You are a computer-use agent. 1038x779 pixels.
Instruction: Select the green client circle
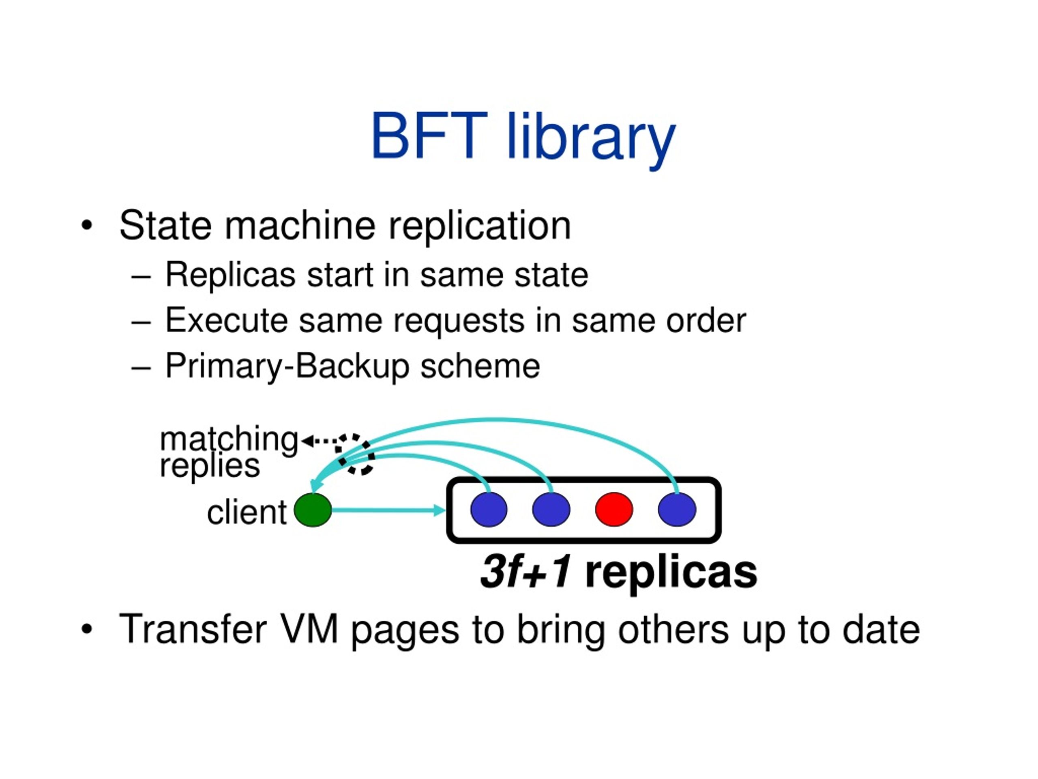[313, 510]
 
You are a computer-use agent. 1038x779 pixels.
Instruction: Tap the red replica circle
[614, 510]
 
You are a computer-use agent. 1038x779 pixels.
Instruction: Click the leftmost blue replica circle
[489, 510]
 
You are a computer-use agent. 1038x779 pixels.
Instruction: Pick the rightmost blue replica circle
[677, 510]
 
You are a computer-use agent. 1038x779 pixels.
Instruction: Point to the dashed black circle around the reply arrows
[355, 454]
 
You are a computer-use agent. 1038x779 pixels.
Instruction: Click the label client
[247, 512]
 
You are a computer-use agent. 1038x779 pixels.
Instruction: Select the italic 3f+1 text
[525, 572]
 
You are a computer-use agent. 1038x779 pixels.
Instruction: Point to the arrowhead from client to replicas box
[439, 510]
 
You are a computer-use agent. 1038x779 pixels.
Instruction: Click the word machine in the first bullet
[300, 226]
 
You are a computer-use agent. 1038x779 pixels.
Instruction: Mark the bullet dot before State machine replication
[86, 226]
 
